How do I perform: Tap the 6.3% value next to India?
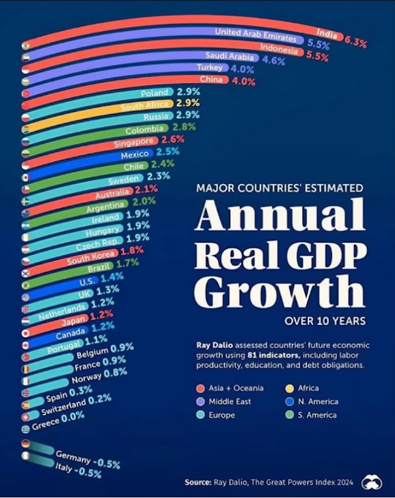pos(355,42)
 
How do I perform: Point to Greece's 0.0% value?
pos(72,418)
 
